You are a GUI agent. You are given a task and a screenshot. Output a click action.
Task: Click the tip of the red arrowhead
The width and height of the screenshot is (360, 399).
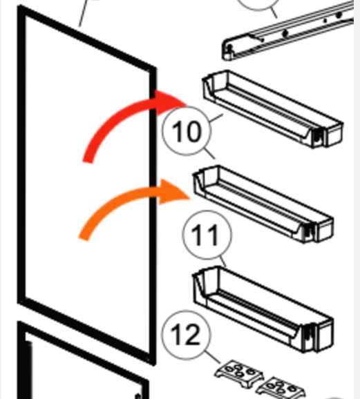[x=187, y=105]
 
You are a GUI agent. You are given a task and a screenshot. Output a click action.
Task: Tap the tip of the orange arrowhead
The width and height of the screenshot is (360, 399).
[x=191, y=198]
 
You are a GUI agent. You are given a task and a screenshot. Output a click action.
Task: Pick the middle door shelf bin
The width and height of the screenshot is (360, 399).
[x=263, y=204]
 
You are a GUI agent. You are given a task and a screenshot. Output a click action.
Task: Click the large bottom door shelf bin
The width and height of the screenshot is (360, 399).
[x=263, y=309]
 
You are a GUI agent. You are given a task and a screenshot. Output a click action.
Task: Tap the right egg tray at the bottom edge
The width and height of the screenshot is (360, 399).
[x=281, y=389]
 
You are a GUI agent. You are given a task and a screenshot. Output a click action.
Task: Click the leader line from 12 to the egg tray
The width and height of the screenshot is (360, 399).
[x=213, y=357]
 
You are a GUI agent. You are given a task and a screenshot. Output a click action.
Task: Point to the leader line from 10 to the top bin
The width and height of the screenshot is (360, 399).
[x=216, y=118]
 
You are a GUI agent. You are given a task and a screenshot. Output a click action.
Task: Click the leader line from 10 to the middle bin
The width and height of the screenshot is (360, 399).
[x=209, y=153]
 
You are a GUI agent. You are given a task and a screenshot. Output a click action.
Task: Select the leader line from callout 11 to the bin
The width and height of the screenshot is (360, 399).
[x=222, y=262]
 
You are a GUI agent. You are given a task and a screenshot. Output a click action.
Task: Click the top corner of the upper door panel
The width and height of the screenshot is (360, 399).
[x=19, y=6]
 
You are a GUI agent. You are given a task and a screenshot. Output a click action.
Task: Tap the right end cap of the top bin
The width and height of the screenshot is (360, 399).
[x=334, y=135]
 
